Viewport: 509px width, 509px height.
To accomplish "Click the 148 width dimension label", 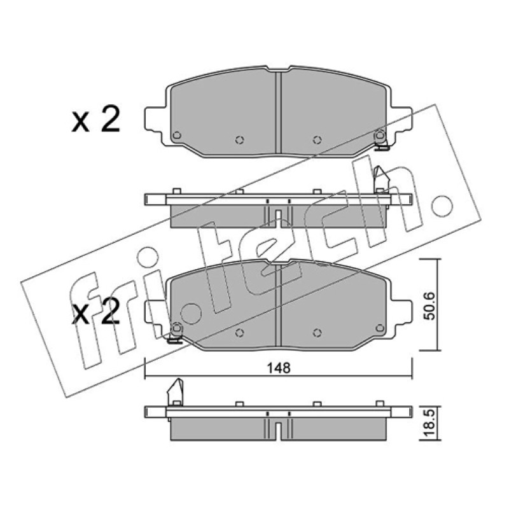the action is (279, 368).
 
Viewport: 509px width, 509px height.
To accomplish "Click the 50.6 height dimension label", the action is (430, 306).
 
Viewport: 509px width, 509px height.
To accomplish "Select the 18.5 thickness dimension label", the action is (430, 424).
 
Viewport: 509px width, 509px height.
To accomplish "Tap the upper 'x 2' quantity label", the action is (96, 120).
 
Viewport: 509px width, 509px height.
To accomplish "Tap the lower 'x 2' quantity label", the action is (96, 312).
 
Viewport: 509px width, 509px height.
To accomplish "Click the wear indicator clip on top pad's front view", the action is (380, 139).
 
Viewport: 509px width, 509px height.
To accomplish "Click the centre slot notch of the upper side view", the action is (278, 218).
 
